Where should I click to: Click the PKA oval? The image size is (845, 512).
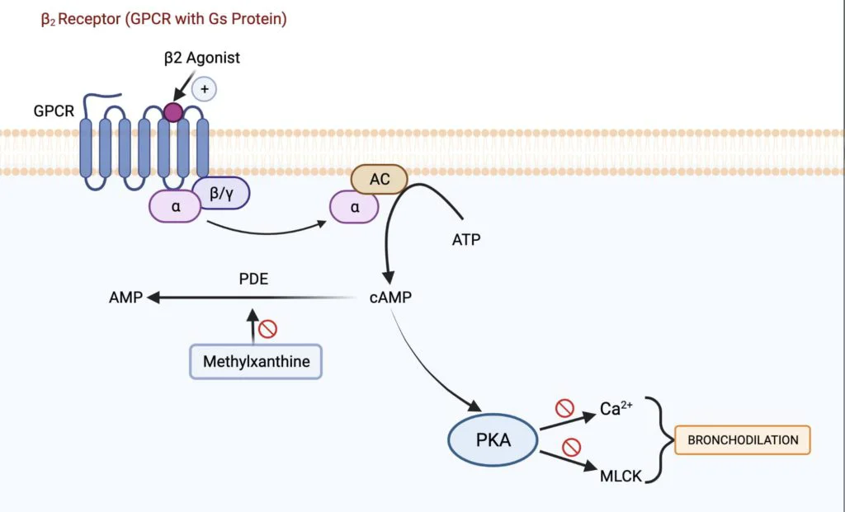pyautogui.click(x=493, y=439)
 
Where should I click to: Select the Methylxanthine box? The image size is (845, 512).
pyautogui.click(x=256, y=362)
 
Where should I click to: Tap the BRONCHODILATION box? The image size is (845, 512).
pyautogui.click(x=743, y=439)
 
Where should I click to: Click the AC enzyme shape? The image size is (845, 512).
pyautogui.click(x=380, y=179)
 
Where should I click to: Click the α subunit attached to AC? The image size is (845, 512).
pyautogui.click(x=355, y=208)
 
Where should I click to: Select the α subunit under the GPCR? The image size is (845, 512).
pyautogui.click(x=175, y=207)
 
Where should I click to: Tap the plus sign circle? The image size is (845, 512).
pyautogui.click(x=204, y=88)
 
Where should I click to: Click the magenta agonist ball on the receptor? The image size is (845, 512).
pyautogui.click(x=172, y=112)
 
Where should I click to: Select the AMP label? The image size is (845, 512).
pyautogui.click(x=125, y=297)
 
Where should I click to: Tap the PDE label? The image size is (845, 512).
pyautogui.click(x=253, y=279)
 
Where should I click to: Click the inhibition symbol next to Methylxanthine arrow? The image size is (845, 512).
pyautogui.click(x=267, y=330)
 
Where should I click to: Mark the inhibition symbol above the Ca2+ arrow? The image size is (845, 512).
pyautogui.click(x=564, y=407)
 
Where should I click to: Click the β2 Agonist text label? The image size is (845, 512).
pyautogui.click(x=202, y=58)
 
